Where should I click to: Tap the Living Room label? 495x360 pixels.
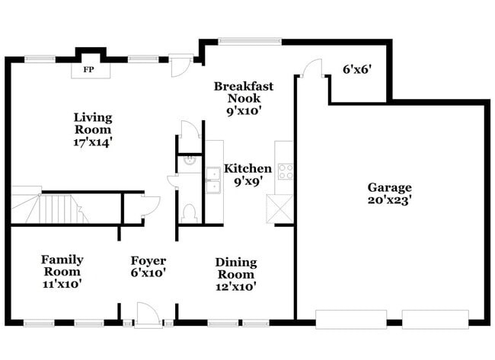93,123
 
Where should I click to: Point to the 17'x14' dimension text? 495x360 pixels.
93,141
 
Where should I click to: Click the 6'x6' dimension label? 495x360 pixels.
356,69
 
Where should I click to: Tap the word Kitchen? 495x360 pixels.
247,168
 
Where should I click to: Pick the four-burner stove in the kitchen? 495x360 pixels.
286,171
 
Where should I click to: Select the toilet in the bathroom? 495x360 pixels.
190,212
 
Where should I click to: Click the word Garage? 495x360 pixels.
389,187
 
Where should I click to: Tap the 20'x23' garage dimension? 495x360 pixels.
389,201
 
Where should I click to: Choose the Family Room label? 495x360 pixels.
62,266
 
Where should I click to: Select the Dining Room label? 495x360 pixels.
236,268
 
